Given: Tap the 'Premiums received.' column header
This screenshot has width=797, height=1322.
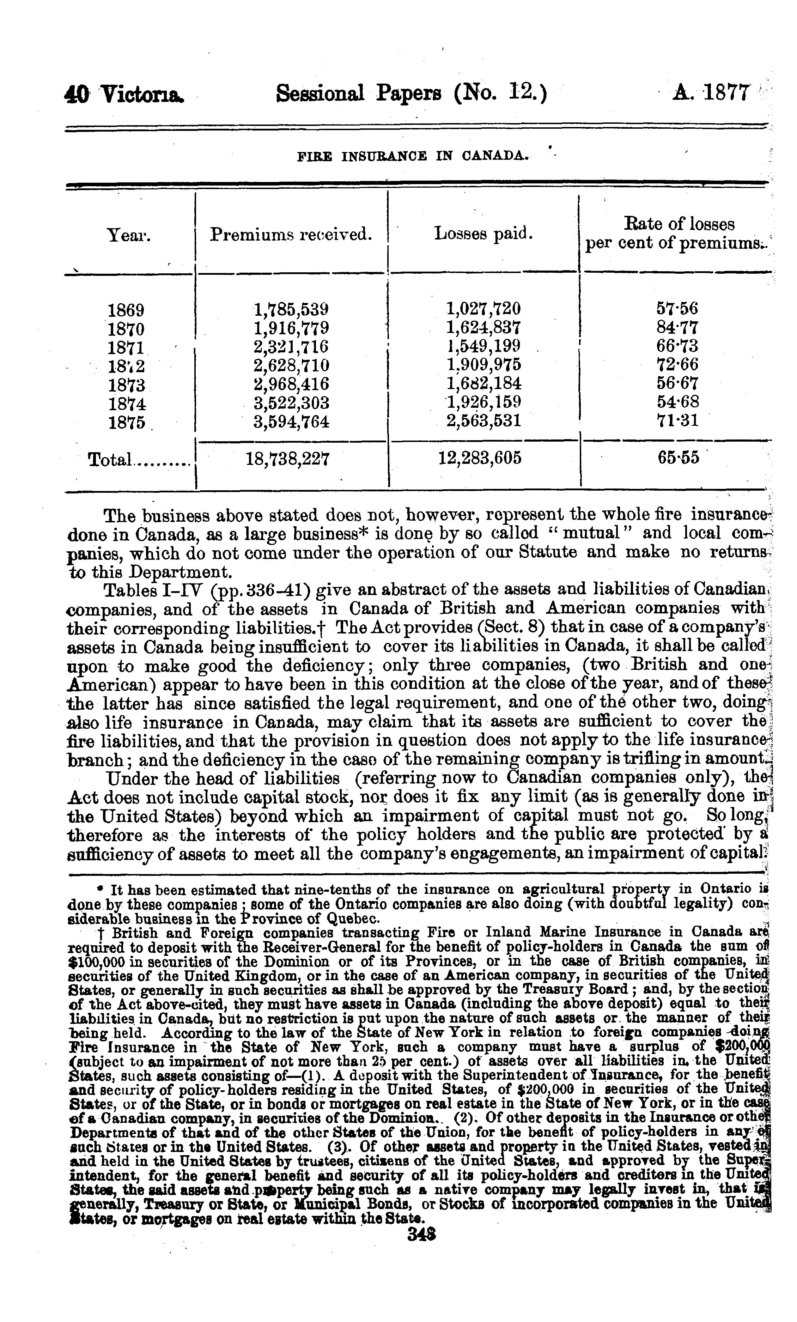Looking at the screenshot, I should (291, 234).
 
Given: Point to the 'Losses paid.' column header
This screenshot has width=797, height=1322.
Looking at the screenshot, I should (483, 234).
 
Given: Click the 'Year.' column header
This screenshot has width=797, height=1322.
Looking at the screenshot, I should (129, 235).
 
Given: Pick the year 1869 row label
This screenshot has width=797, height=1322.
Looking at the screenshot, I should (126, 310).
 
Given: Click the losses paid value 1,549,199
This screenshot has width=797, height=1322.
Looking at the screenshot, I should (483, 346).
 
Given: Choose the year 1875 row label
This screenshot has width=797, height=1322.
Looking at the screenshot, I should (127, 422).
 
